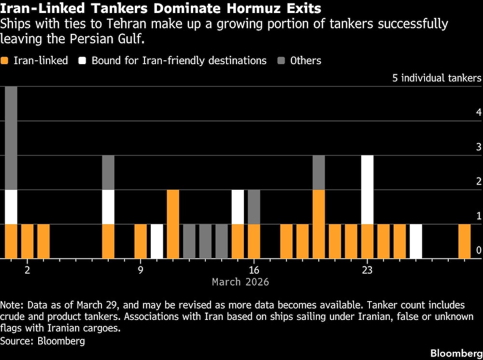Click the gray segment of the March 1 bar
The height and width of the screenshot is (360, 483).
11,138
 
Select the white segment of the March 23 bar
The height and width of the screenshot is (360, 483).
367,190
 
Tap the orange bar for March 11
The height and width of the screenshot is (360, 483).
173,224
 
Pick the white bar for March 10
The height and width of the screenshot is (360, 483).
157,241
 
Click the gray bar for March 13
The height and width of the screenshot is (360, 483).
205,241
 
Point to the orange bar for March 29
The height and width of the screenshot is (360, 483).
464,241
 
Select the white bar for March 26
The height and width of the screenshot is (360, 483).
416,241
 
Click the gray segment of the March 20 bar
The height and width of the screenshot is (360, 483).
319,173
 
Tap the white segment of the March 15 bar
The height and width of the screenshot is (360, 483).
238,207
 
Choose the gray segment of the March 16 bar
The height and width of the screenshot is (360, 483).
254,207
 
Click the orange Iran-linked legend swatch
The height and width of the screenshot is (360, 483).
5,61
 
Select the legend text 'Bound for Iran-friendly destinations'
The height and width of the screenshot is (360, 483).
179,61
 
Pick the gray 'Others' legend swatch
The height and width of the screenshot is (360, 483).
281,61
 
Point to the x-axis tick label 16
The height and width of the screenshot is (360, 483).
254,270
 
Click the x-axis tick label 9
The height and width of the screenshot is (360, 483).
141,270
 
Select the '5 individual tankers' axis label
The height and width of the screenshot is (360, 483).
437,78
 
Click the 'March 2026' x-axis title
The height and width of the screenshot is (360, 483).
240,281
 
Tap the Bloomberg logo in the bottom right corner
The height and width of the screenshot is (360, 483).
455,352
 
